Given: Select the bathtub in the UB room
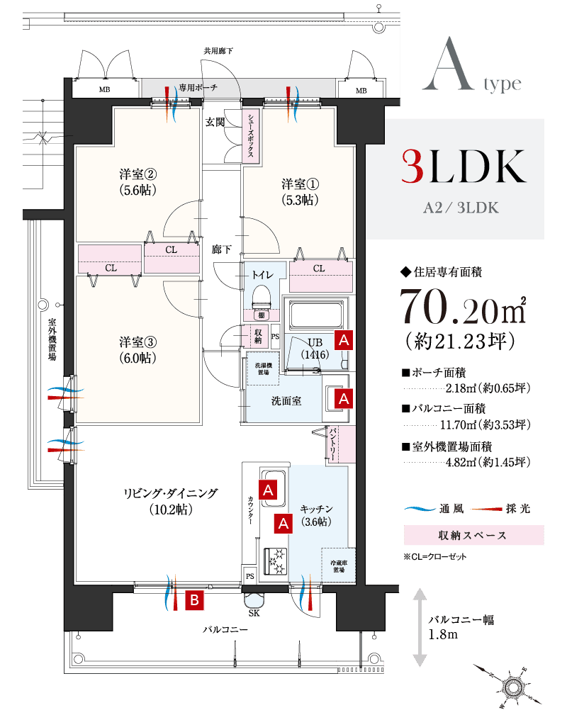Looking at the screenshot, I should pyautogui.click(x=317, y=312).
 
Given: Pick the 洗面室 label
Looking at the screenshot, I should pyautogui.click(x=286, y=401).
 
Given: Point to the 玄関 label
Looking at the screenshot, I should pyautogui.click(x=215, y=122).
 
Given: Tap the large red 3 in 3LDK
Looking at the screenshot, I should pyautogui.click(x=413, y=167).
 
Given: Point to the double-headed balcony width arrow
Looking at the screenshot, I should pyautogui.click(x=420, y=626).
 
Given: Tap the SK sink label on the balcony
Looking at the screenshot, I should pyautogui.click(x=254, y=613).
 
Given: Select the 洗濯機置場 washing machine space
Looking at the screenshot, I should pyautogui.click(x=262, y=368).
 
